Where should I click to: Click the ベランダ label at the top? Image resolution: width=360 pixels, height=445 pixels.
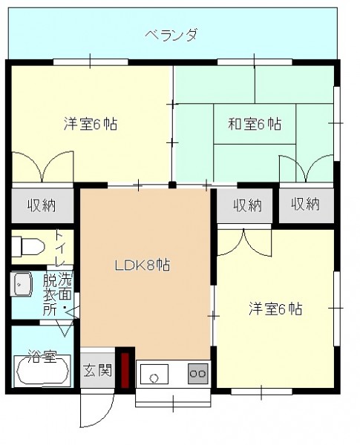171,35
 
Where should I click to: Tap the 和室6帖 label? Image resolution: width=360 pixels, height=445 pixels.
255,124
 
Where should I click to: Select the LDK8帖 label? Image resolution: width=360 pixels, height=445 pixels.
143,266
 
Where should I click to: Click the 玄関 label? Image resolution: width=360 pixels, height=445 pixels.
97,370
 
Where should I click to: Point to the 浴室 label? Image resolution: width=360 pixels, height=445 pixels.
42,357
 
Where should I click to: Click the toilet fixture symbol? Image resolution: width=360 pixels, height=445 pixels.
28,247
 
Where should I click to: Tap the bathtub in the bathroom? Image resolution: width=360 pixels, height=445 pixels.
42,371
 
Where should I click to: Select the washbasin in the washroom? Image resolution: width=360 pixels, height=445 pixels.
21,285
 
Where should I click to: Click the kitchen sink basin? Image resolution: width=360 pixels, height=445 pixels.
154,374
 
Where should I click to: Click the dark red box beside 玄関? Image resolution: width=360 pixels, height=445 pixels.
125,370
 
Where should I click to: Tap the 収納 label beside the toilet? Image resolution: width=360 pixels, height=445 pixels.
42,205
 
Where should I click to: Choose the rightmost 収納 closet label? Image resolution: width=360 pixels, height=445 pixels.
306,204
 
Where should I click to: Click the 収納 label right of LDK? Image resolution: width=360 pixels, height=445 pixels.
248,205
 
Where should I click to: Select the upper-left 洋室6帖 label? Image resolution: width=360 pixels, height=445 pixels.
91,124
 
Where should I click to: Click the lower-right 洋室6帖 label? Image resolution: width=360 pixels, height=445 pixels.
275,309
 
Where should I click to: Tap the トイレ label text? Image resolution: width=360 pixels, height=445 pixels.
59,248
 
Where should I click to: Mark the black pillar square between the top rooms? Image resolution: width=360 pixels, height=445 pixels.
172,185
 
